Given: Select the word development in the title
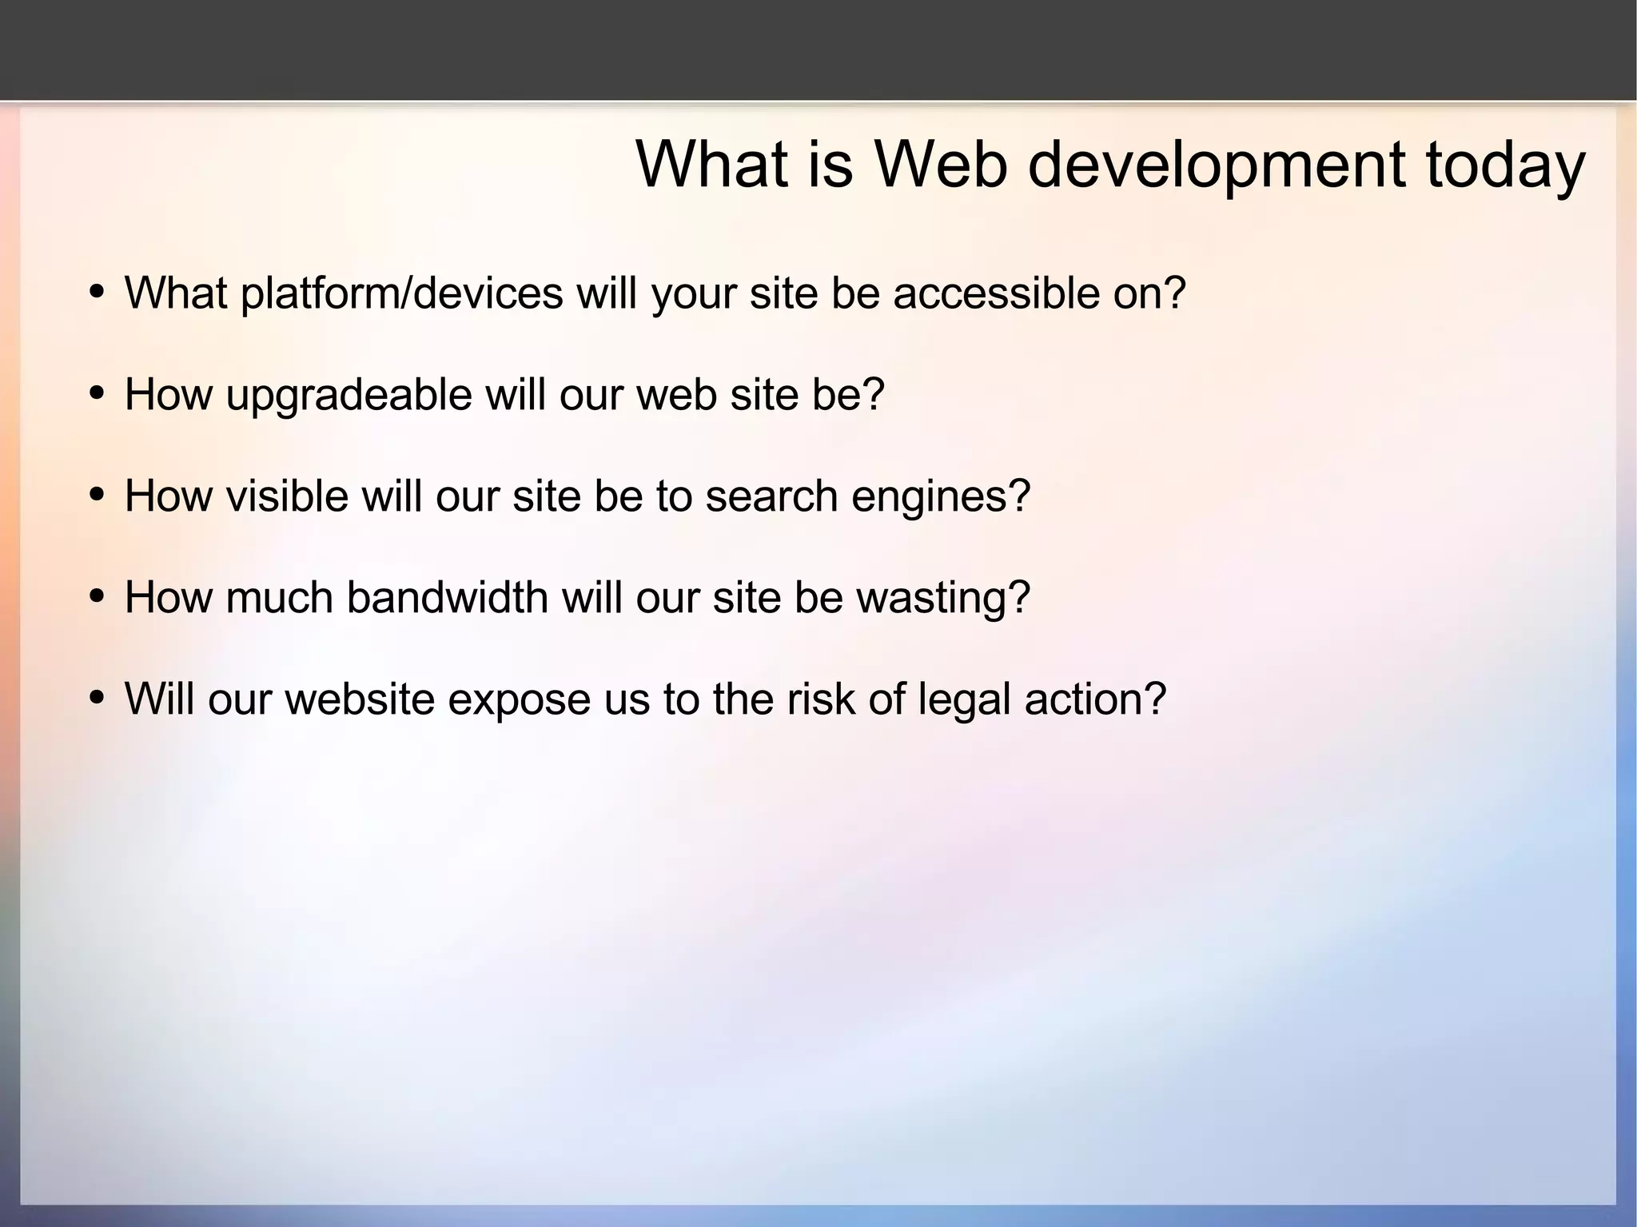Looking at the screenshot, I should tap(1216, 166).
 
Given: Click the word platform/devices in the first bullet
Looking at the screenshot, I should tap(402, 293).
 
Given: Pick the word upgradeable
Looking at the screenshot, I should tap(349, 395).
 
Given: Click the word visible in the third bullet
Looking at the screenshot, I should tap(288, 496).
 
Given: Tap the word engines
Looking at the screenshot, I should tap(932, 497).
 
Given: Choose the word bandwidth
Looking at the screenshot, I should tap(447, 597).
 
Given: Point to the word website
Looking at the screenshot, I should tap(360, 699).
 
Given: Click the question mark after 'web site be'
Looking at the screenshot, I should tap(874, 394).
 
